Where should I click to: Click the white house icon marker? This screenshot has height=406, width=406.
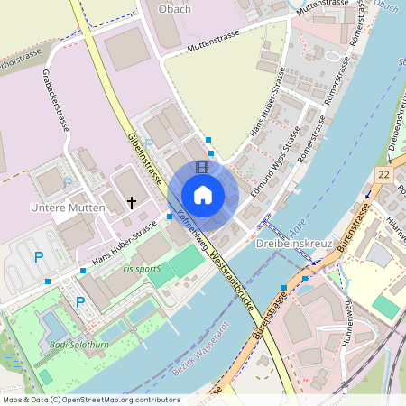point(203,194)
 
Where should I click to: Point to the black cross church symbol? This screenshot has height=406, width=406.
point(133,202)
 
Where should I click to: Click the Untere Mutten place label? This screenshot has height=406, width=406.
point(69,208)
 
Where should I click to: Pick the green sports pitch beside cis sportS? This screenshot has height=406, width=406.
point(186,263)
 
